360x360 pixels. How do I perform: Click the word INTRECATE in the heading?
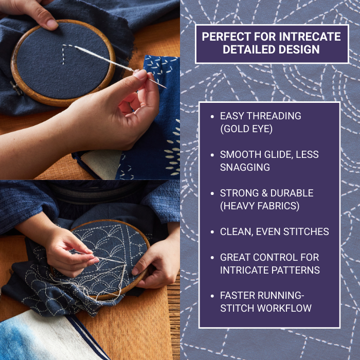point(310,37)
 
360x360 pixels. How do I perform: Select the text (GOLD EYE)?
point(246,129)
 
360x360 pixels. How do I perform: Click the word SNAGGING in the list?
point(245,167)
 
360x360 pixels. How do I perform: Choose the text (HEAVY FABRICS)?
point(260,206)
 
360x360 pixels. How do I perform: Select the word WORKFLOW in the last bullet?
point(284,309)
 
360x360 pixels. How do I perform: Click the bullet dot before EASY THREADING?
point(212,116)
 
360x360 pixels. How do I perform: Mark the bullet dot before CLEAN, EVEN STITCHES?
point(212,232)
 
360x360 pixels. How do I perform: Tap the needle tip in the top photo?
point(166,88)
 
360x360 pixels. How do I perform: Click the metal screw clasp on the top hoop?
point(16,88)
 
